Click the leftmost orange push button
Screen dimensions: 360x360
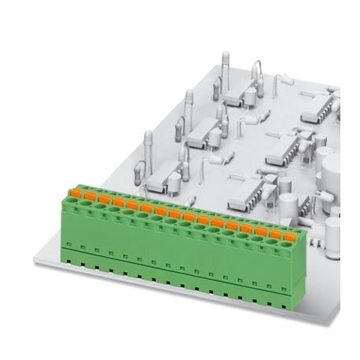(x=76, y=192)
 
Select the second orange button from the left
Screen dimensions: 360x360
(x=90, y=195)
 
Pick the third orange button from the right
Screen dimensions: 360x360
(x=260, y=230)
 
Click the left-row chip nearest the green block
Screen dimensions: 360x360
(x=160, y=179)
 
